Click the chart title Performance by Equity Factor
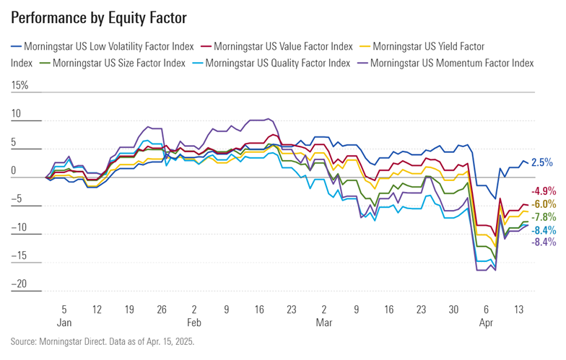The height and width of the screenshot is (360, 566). pyautogui.click(x=99, y=16)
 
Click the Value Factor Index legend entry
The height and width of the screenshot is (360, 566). pyautogui.click(x=282, y=46)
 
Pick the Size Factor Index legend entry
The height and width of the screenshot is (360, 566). pyautogui.click(x=118, y=63)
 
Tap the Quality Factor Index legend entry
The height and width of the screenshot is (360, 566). pyautogui.click(x=277, y=63)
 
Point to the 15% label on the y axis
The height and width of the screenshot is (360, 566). pyautogui.click(x=19, y=86)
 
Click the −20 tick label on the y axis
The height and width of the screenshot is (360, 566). pyautogui.click(x=19, y=284)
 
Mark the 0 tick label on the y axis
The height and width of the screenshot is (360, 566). pyautogui.click(x=14, y=171)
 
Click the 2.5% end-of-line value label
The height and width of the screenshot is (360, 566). pyautogui.click(x=542, y=163)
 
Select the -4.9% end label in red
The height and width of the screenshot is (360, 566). pyautogui.click(x=543, y=191)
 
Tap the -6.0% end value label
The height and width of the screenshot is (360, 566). pyautogui.click(x=543, y=204)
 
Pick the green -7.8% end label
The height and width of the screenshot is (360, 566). pyautogui.click(x=543, y=216)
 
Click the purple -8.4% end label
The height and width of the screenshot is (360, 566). pyautogui.click(x=543, y=242)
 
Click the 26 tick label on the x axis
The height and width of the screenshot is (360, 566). pyautogui.click(x=162, y=307)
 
